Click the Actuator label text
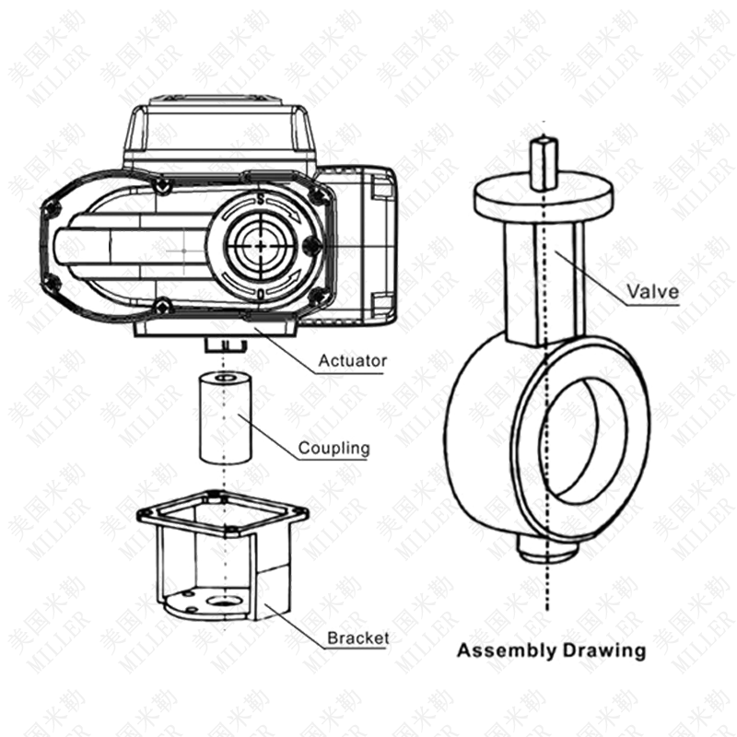click(x=353, y=360)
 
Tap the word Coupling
click(x=333, y=448)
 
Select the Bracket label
click(x=357, y=638)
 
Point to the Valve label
click(x=653, y=291)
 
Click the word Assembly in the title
click(x=507, y=651)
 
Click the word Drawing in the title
click(x=604, y=651)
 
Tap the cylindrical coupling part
click(x=225, y=418)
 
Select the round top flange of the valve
click(x=544, y=200)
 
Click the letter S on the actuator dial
click(x=261, y=199)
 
